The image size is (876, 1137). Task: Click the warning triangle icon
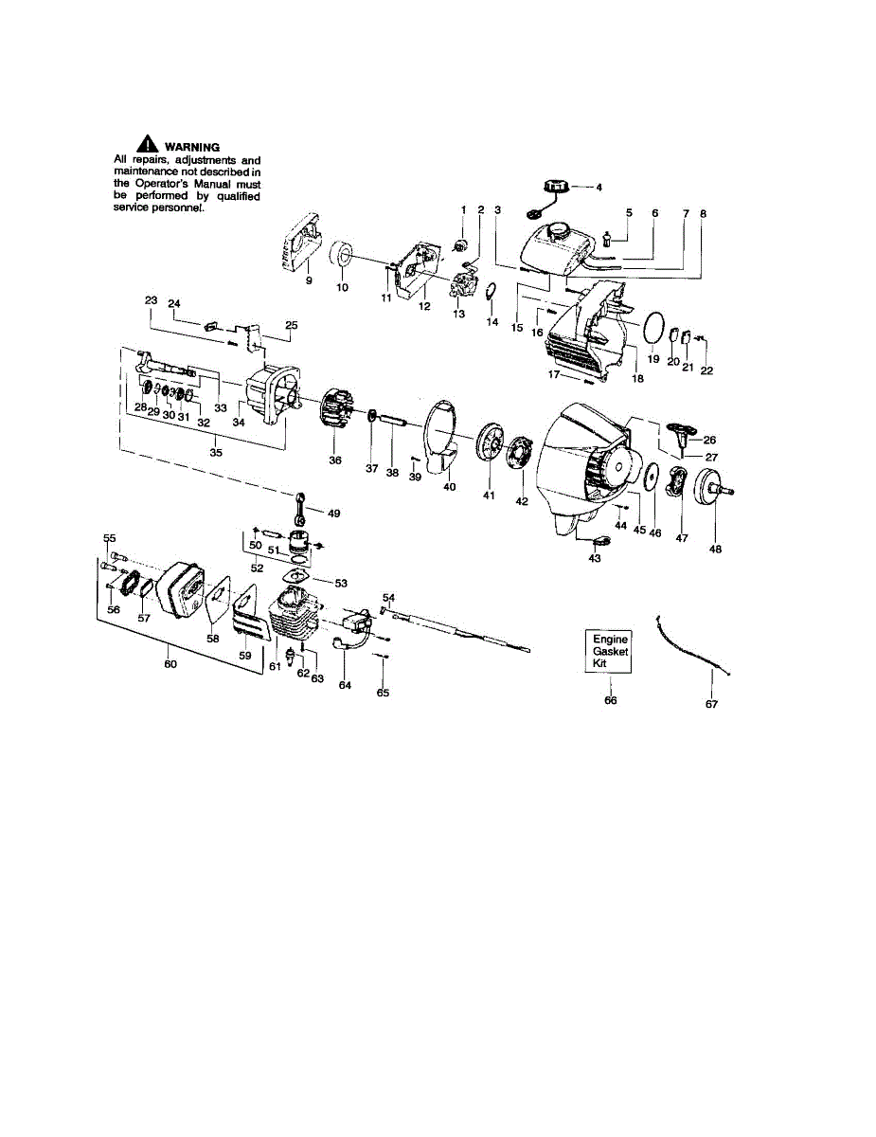[146, 145]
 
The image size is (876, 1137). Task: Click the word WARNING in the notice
[192, 147]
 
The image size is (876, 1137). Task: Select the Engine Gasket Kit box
[610, 652]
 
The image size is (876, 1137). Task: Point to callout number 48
[715, 549]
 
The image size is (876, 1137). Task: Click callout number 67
[711, 704]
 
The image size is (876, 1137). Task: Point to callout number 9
[308, 280]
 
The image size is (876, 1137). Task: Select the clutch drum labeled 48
[711, 494]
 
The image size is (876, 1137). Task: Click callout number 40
[449, 487]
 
